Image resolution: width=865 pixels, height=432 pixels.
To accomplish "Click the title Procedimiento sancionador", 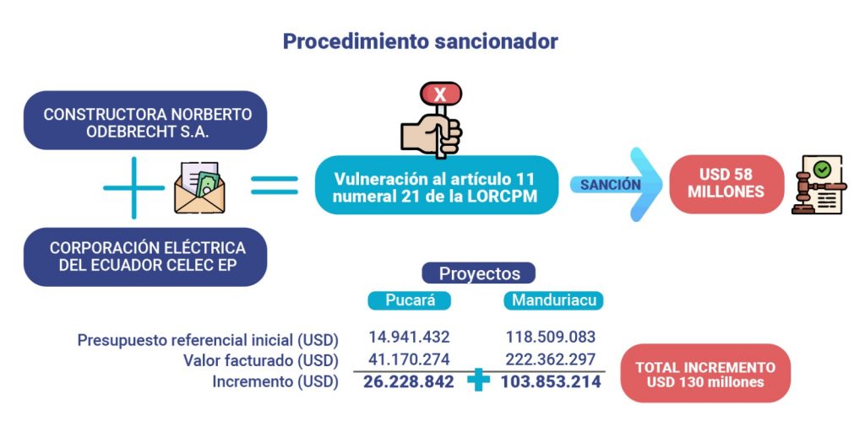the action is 421,42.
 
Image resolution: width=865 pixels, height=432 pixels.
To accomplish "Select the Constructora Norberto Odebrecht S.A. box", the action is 145,120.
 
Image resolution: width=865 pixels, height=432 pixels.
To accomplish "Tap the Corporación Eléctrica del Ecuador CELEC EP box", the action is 145,256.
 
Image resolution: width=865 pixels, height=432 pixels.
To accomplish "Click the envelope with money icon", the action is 199,187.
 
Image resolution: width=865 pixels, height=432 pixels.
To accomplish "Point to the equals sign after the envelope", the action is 275,185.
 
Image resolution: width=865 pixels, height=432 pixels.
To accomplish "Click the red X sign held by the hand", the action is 440,94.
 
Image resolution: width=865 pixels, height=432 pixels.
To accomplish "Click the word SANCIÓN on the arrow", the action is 610,185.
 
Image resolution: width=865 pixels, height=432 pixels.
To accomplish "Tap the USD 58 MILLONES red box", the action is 726,184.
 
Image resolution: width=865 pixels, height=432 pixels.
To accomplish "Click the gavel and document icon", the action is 819,185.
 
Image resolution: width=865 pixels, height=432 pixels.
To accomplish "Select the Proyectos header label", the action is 479,273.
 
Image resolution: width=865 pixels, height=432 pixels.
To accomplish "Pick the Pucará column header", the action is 410,301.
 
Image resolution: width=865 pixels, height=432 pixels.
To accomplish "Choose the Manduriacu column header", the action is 553,301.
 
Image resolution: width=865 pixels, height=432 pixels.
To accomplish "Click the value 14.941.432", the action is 409,337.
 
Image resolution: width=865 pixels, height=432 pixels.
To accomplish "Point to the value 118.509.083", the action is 551,337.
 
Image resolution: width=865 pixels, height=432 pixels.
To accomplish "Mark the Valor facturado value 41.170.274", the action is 409,359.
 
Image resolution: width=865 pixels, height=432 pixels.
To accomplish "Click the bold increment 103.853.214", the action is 551,382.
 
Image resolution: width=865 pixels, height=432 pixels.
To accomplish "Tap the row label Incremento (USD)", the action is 275,382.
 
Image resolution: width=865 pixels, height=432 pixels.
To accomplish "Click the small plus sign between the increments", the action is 478,381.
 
